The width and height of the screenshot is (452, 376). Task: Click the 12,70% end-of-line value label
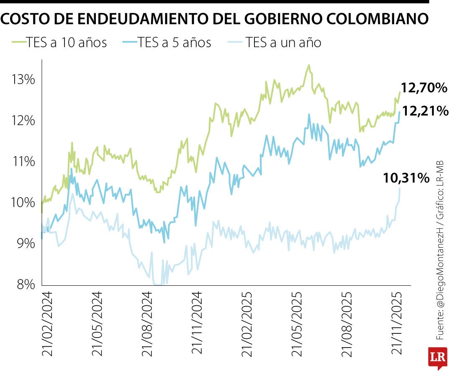coord(424,88)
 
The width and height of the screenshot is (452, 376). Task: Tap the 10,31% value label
coord(406,178)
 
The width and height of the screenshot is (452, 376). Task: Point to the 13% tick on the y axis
coord(23,79)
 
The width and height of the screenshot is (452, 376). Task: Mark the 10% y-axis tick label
coord(23,202)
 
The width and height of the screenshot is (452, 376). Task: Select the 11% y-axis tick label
coord(23,161)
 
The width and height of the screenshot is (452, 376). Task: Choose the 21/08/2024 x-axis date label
coord(147,324)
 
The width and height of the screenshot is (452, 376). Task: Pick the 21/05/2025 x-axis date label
coord(297,324)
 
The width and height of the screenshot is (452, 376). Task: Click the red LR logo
coord(437,357)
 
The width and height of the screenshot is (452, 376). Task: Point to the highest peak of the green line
coord(308,65)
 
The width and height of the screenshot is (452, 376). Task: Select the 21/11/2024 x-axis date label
coord(197,324)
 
